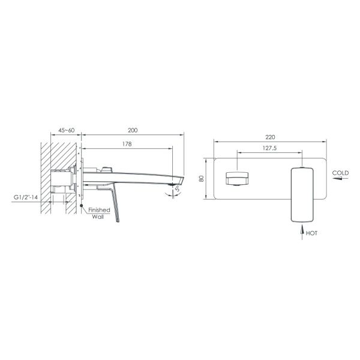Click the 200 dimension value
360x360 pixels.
(133, 130)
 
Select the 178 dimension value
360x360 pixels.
(127, 144)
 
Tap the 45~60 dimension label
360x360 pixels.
(67, 130)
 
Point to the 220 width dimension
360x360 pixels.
(270, 137)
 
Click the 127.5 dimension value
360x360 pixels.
(269, 148)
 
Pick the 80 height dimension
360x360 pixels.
(202, 178)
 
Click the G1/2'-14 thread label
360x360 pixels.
(26, 197)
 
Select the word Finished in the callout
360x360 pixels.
(99, 210)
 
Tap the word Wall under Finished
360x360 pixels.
(98, 217)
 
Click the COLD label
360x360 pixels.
(340, 173)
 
